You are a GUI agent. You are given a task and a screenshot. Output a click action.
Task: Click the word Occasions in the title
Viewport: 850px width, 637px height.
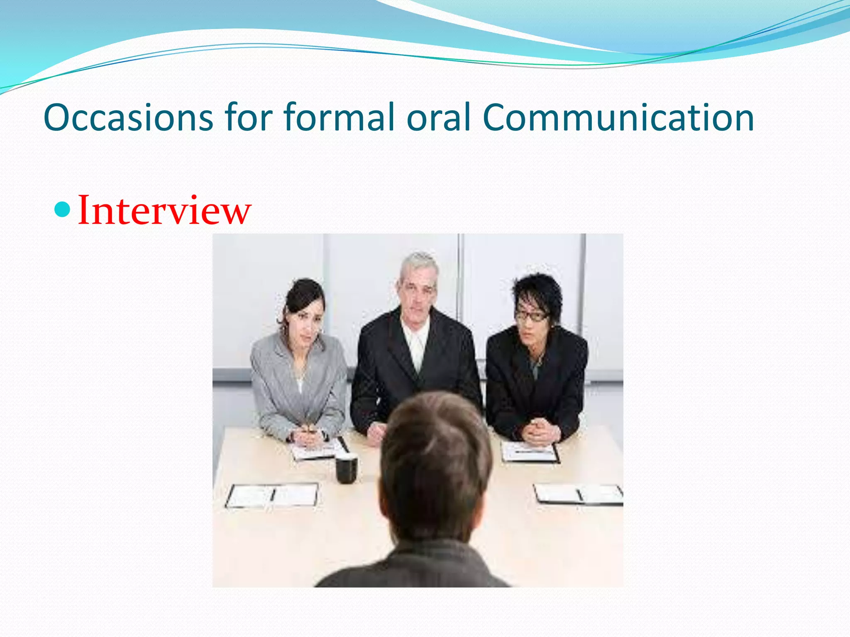click(x=128, y=118)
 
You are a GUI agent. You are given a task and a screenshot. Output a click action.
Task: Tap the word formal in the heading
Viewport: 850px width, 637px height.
click(x=339, y=118)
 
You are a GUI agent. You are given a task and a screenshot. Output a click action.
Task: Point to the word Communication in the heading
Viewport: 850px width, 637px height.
click(x=618, y=118)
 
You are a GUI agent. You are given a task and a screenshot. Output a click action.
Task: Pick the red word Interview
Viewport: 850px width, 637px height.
click(x=164, y=211)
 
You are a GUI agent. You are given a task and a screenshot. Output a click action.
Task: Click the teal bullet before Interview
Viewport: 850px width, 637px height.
click(x=63, y=209)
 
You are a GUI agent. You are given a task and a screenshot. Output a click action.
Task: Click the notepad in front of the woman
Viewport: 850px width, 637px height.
click(x=318, y=450)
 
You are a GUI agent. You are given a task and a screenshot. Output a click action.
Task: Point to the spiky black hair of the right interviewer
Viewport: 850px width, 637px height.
click(x=537, y=290)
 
